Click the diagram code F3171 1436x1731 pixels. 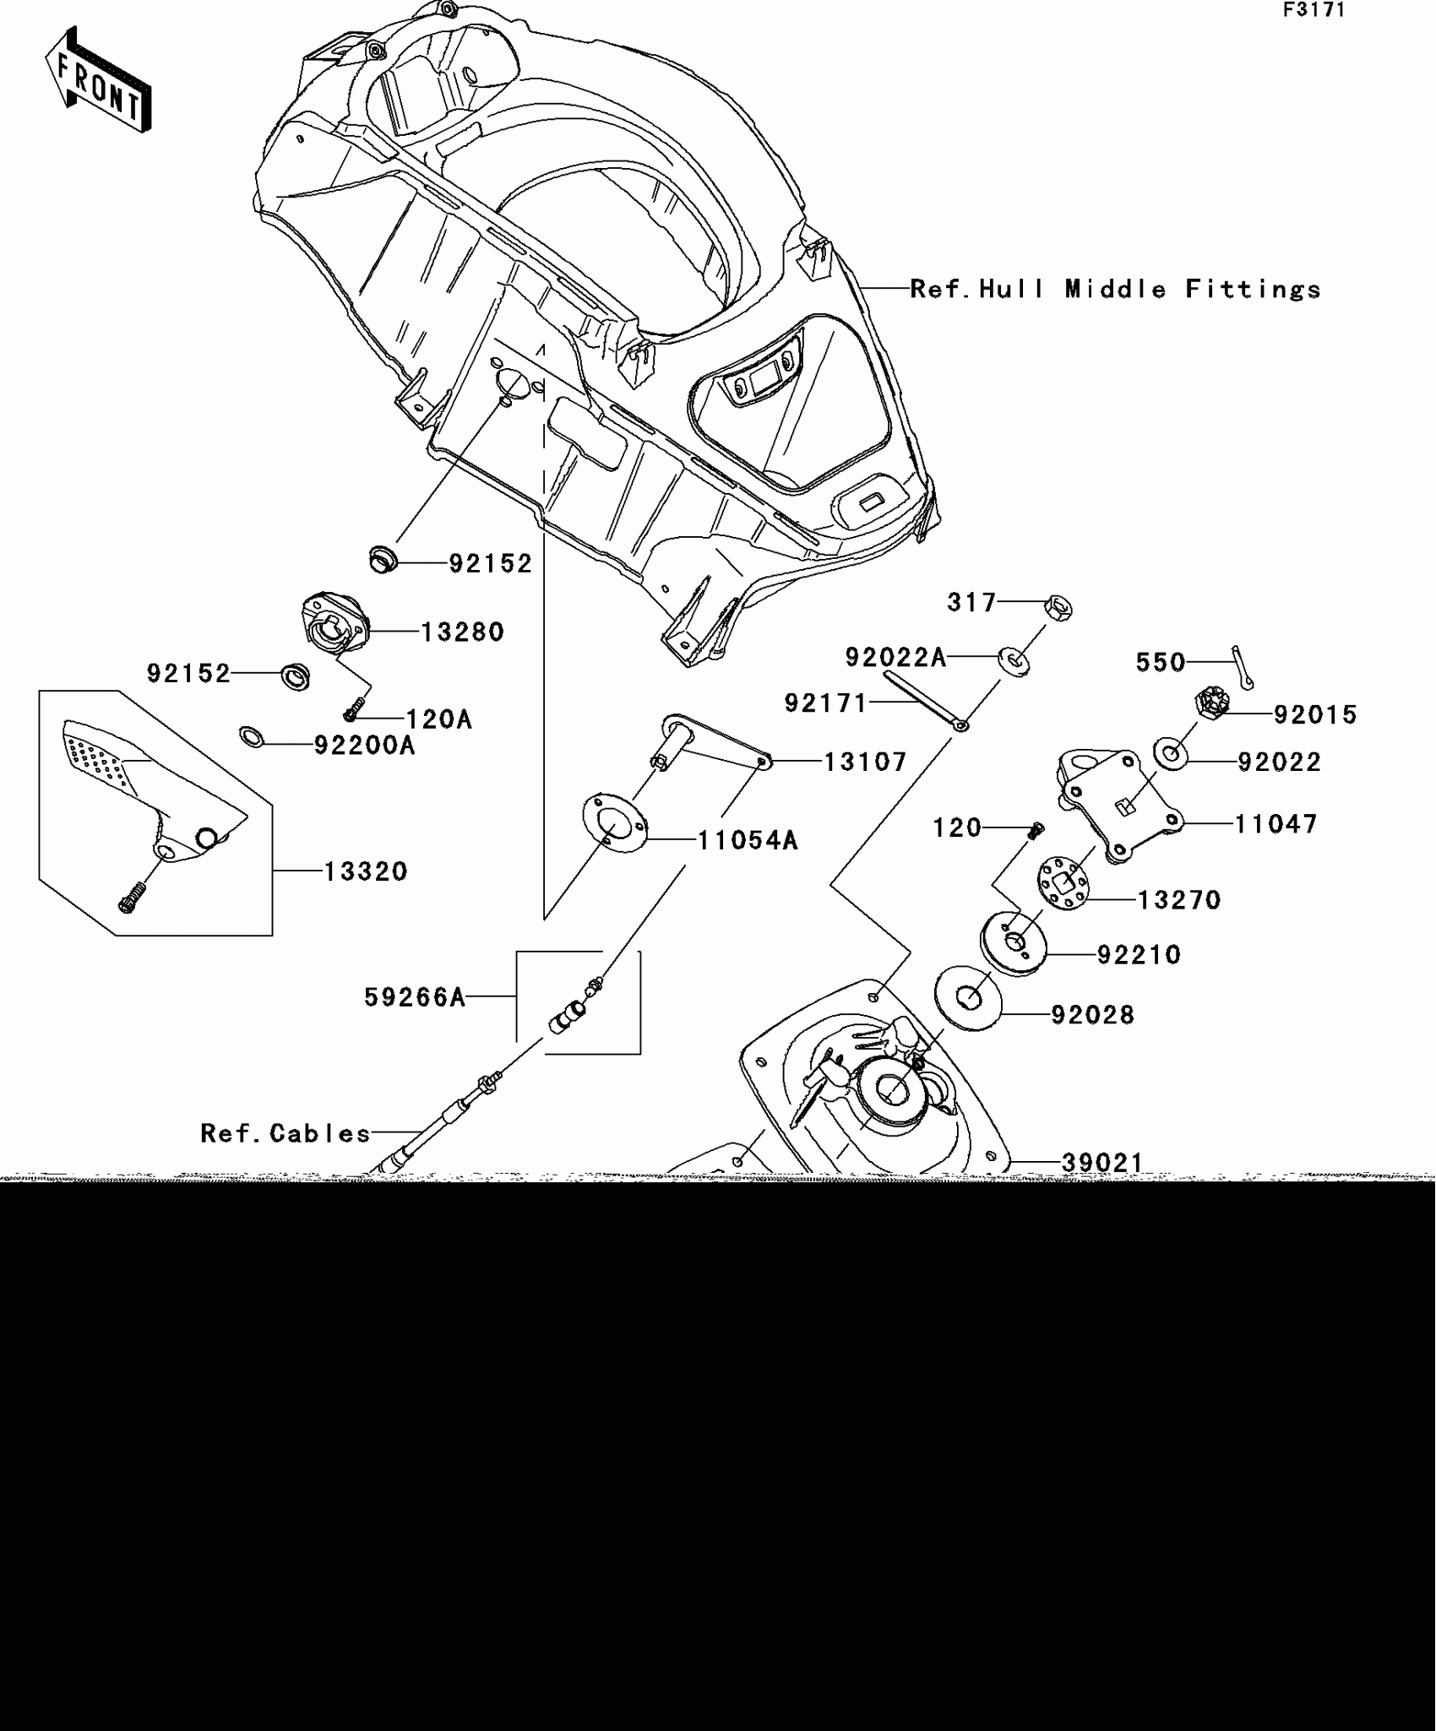pos(1314,10)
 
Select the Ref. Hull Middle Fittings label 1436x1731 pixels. pos(1115,290)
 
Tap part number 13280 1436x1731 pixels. pos(462,632)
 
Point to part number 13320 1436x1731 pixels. pos(366,871)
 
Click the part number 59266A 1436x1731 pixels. pos(415,997)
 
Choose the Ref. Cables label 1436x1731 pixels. pos(286,1132)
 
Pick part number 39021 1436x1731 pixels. pos(1102,1163)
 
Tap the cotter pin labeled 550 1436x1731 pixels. pos(1243,666)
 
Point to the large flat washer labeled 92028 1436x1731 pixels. pos(968,998)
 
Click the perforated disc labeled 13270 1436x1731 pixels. pos(1063,882)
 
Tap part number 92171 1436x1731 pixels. pos(825,703)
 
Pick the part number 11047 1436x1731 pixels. pos(1276,823)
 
